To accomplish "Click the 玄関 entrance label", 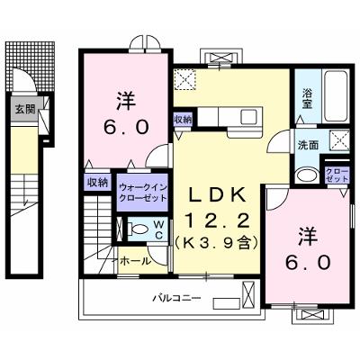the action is (x=25, y=109).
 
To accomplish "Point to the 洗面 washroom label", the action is (x=308, y=145).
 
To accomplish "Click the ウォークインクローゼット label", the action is (x=142, y=193).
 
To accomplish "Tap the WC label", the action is (x=159, y=229).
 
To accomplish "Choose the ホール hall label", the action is (x=135, y=261).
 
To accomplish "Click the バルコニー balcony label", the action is (x=176, y=299).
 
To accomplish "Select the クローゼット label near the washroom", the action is (x=337, y=175).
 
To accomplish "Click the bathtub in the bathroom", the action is (x=336, y=95).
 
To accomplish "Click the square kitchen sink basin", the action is (x=248, y=116).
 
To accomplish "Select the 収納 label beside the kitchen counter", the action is (x=183, y=120).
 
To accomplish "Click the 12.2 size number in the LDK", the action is (x=218, y=221).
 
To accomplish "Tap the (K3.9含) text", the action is (x=217, y=243).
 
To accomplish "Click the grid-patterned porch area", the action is (x=31, y=66).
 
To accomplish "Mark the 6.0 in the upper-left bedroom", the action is (x=126, y=127).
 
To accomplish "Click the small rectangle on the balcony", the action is (x=227, y=303).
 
